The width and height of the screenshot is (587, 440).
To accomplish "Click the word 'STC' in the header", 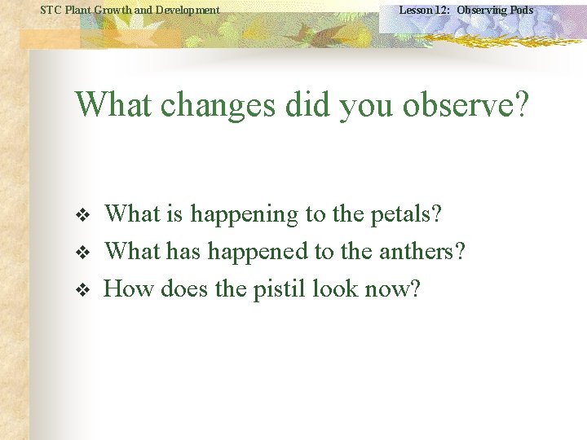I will [51, 10].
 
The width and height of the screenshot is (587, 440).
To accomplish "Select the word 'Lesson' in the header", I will [415, 10].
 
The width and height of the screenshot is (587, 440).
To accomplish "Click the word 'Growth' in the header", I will [115, 10].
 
